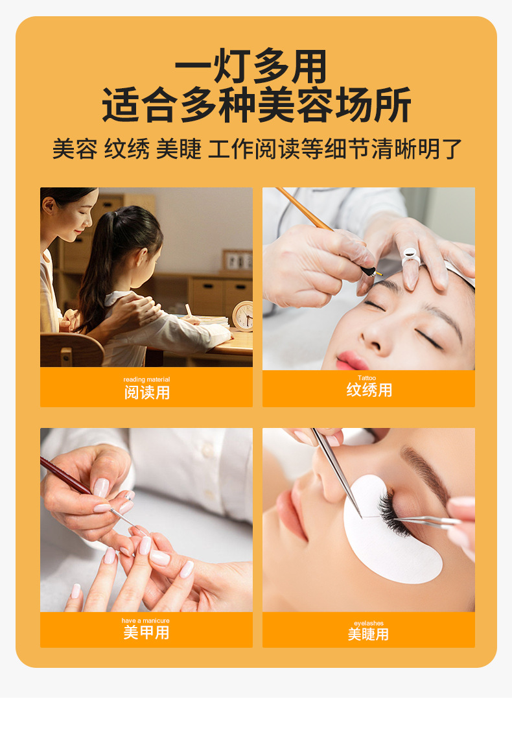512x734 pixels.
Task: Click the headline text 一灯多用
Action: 251,66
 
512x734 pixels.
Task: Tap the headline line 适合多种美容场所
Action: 257,104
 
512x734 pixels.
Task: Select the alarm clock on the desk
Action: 244,315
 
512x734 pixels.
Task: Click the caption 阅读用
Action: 147,392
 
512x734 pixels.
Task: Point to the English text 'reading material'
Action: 146,379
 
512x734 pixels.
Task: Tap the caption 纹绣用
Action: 369,390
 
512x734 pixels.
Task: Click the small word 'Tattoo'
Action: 367,378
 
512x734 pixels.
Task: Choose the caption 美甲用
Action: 146,633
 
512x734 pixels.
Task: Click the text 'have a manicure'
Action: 146,621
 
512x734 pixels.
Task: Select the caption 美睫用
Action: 368,634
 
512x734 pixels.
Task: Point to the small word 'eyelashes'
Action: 369,623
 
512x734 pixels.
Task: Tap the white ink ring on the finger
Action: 410,255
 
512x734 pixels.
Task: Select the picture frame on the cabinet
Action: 237,260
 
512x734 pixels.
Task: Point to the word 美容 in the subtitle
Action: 75,149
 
